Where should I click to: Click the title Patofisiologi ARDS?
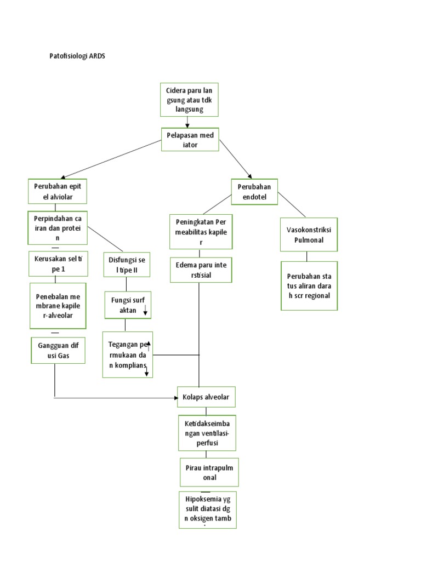(x=77, y=56)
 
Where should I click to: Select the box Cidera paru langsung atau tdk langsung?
(x=189, y=100)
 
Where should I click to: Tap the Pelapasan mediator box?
(x=190, y=139)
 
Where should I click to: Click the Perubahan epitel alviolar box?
(x=58, y=191)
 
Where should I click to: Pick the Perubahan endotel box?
(x=255, y=192)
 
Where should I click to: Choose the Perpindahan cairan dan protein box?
(x=58, y=228)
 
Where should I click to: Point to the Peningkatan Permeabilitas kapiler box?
(x=201, y=232)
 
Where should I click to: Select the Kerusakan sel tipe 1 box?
(x=58, y=263)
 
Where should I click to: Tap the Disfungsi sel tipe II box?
(x=126, y=265)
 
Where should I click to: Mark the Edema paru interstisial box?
(x=201, y=270)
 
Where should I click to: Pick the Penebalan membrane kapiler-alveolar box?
(x=58, y=305)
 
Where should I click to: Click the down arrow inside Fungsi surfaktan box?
(x=145, y=310)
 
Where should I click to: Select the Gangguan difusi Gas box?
(x=58, y=351)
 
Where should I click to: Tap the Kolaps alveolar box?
(x=206, y=397)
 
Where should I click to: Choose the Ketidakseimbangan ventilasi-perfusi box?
(x=206, y=433)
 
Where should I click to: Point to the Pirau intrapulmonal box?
(x=209, y=472)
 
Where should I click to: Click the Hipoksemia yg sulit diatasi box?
(x=208, y=510)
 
